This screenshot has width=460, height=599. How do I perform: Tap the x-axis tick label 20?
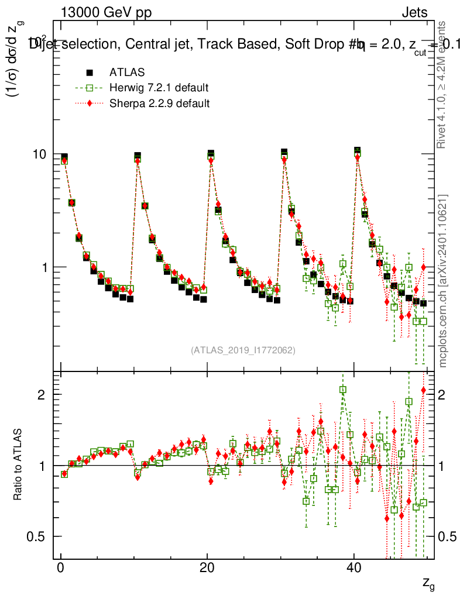[x=207, y=570]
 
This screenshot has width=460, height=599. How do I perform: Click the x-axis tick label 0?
[x=60, y=570]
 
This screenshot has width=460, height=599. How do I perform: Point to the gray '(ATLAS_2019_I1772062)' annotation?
[x=243, y=350]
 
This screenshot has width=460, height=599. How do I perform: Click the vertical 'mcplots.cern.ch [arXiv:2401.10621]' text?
[x=444, y=281]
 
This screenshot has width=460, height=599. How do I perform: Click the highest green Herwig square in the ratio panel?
[x=343, y=390]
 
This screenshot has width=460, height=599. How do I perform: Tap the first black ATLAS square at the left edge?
[x=64, y=157]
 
